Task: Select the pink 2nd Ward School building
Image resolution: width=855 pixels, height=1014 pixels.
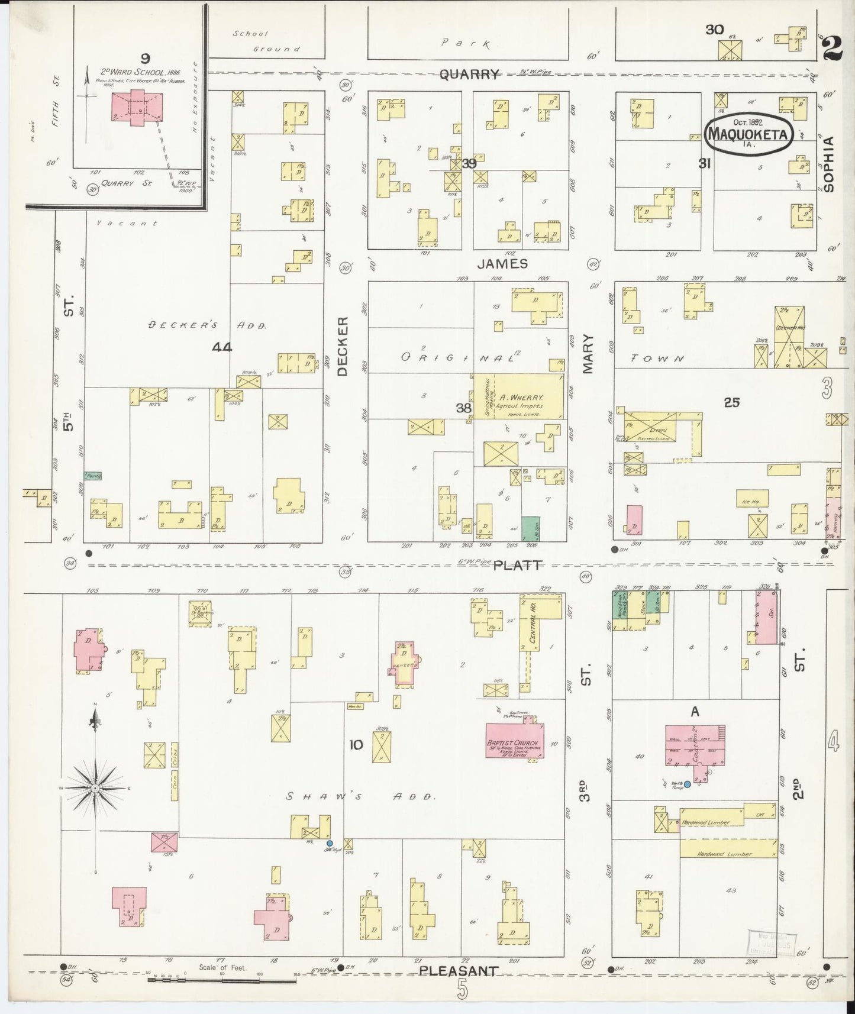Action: pos(136,107)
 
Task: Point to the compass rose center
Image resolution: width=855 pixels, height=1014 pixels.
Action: pos(95,790)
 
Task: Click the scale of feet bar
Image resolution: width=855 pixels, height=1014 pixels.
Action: pos(222,981)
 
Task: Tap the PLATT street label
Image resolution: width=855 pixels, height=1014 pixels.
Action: pos(517,566)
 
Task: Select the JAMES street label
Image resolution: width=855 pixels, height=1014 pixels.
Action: pos(502,264)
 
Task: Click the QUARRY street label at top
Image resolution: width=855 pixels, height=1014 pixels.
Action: pos(469,74)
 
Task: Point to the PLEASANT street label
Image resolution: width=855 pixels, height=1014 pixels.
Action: pos(458,971)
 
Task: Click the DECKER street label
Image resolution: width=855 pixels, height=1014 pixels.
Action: pos(343,346)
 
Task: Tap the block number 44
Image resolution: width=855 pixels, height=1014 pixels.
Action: pos(222,347)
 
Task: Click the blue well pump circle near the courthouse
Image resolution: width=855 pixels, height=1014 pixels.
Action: pos(688,784)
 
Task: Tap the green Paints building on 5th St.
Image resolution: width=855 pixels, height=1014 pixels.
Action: pos(93,475)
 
